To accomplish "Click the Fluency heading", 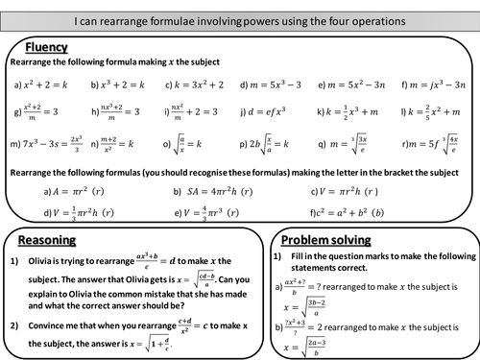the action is point(45,45).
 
